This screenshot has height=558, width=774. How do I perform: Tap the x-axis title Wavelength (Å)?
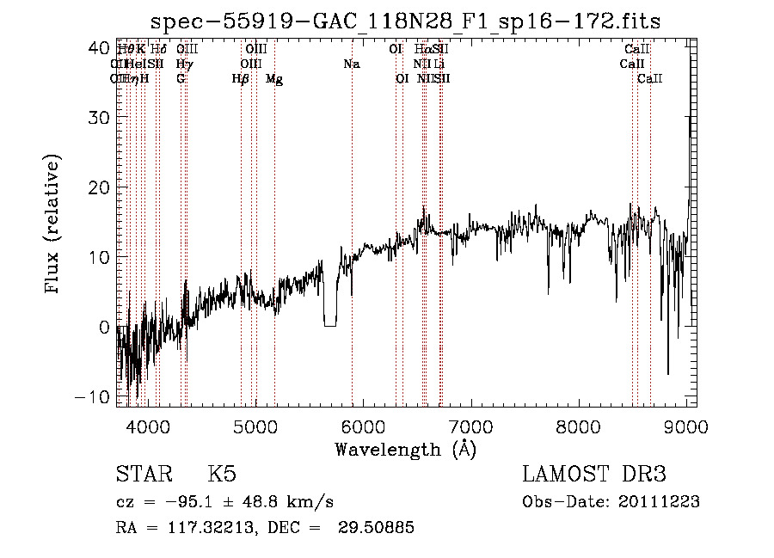point(405,449)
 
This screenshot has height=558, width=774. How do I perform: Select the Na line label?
point(351,64)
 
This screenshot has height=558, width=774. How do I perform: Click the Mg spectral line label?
point(274,79)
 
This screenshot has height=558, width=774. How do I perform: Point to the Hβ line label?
point(241,79)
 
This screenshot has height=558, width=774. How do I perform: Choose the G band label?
point(181,79)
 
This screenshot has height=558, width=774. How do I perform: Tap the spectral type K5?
point(221,475)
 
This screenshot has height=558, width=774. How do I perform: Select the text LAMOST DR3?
point(594,475)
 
